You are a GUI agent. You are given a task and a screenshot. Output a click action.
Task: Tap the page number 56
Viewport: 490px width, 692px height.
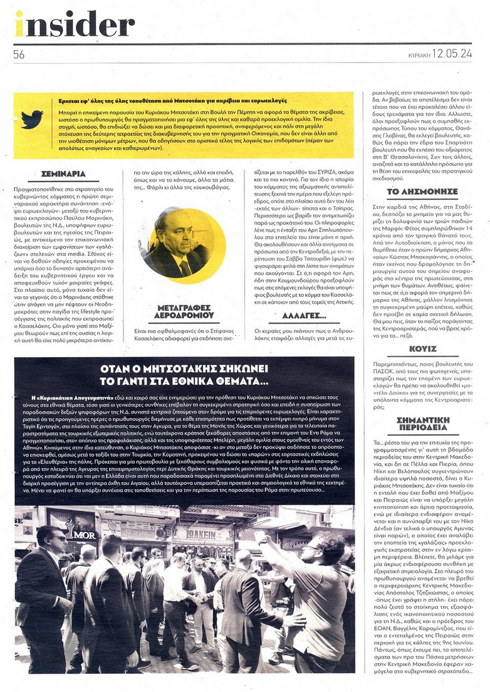click(19, 54)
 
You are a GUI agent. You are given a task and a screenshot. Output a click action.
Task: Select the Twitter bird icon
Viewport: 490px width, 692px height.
click(32, 119)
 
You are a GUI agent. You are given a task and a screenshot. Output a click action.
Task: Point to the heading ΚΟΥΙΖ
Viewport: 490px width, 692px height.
click(419, 348)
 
